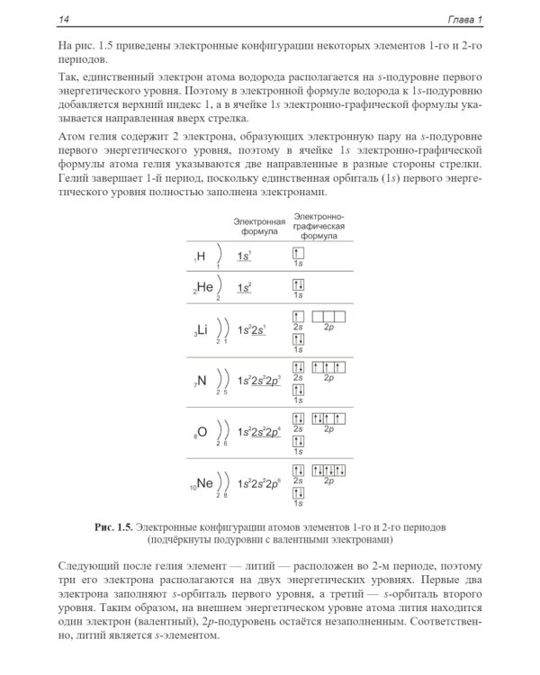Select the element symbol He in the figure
pos(203,288)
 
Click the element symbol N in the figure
pos(202,380)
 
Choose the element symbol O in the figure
pos(202,431)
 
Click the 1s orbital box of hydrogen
pos(298,255)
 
